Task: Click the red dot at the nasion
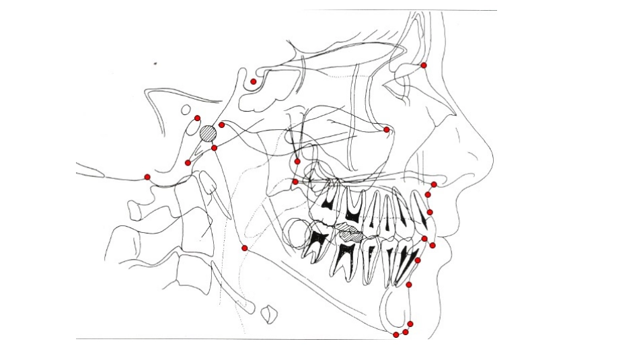(424, 65)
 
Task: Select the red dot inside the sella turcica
(254, 81)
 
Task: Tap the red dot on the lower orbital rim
(386, 129)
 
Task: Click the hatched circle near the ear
(208, 133)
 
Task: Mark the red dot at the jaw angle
(244, 248)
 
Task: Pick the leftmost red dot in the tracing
(147, 177)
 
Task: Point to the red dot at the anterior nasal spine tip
(434, 184)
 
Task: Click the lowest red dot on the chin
(396, 334)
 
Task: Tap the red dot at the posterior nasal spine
(295, 182)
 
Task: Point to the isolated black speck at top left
(155, 64)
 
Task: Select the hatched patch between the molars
(350, 233)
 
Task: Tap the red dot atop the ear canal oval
(197, 118)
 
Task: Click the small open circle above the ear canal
(186, 108)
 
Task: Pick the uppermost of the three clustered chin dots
(410, 324)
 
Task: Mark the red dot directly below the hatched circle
(214, 147)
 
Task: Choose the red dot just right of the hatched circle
(222, 124)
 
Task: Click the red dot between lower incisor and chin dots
(409, 285)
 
